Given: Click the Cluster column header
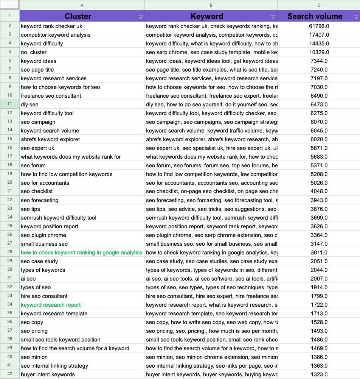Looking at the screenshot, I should coord(78,16).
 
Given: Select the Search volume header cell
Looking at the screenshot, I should coord(315,16).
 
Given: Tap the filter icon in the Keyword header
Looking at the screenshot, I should coord(273,17).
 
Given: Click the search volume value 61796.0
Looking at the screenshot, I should coord(319,26).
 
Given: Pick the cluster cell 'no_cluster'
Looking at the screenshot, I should coord(34,52).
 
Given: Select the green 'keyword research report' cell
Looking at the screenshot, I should coord(51,305).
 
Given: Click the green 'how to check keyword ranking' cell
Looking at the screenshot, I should coord(82,253).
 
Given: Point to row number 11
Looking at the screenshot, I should coord(10,104).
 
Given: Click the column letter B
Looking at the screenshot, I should coord(211,5).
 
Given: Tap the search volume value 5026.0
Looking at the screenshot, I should coord(319,183).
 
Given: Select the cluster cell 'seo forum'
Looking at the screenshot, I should coord(33,165).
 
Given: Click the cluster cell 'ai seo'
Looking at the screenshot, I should coord(28,279).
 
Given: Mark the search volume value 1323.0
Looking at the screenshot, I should coord(319,374).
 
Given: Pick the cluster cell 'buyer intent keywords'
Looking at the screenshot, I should coord(48,374).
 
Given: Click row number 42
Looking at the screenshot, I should coord(10,374).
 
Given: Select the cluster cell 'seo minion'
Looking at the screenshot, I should coord(34,357).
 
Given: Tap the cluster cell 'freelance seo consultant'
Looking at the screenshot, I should coord(51,96).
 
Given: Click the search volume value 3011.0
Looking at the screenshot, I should coord(319,253).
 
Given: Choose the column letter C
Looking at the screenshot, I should coord(319,5).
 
